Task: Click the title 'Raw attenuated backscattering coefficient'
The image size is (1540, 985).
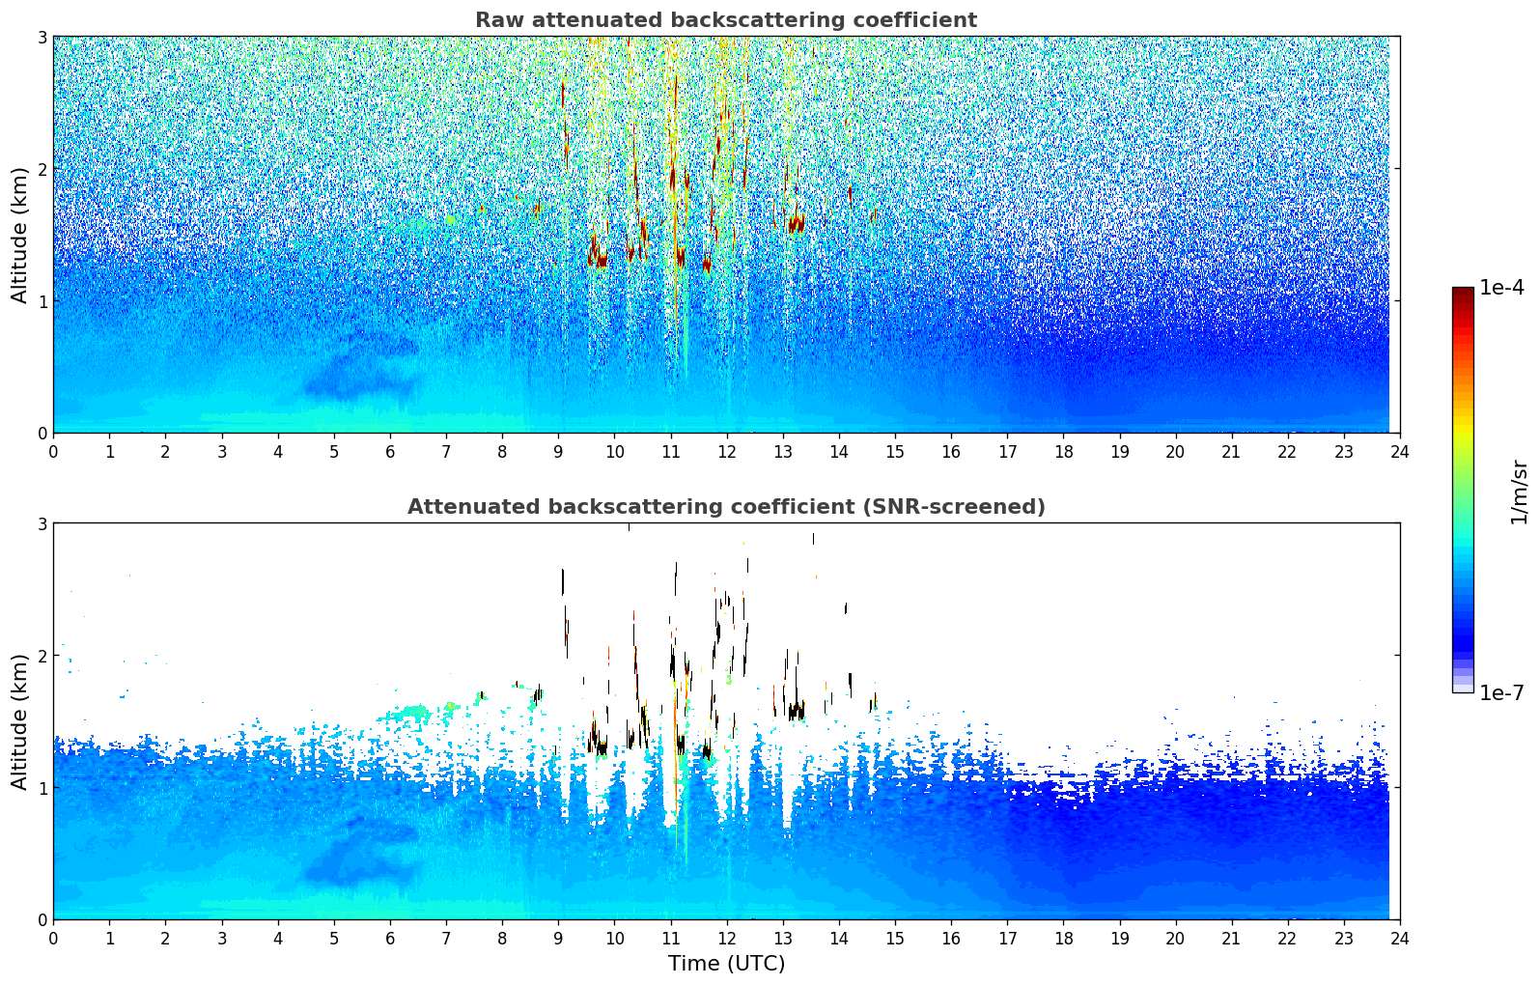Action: coord(725,20)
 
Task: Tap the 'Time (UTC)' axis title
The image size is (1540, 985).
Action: coord(726,963)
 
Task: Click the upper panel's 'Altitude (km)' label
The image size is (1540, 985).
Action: coord(19,235)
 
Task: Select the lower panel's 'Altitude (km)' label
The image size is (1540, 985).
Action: coord(19,721)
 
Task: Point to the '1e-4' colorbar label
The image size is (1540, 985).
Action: coord(1501,288)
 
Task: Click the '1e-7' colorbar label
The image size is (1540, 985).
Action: coord(1501,692)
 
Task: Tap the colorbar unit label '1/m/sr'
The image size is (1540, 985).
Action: coord(1519,492)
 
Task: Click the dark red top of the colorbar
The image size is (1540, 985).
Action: coord(1463,293)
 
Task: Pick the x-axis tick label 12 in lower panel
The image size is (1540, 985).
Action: coord(726,939)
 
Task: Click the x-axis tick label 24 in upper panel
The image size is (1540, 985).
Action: coord(1399,452)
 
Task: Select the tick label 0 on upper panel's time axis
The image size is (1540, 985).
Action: coord(53,452)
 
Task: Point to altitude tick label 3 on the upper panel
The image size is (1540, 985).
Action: coord(42,37)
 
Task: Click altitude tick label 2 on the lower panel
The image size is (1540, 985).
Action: coord(42,656)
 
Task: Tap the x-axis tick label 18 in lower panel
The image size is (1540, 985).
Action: coord(1063,939)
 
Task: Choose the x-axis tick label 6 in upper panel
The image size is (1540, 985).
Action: coord(390,452)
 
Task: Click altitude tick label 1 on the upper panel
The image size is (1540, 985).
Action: coord(42,301)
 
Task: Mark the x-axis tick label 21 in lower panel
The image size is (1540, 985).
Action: coord(1231,939)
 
